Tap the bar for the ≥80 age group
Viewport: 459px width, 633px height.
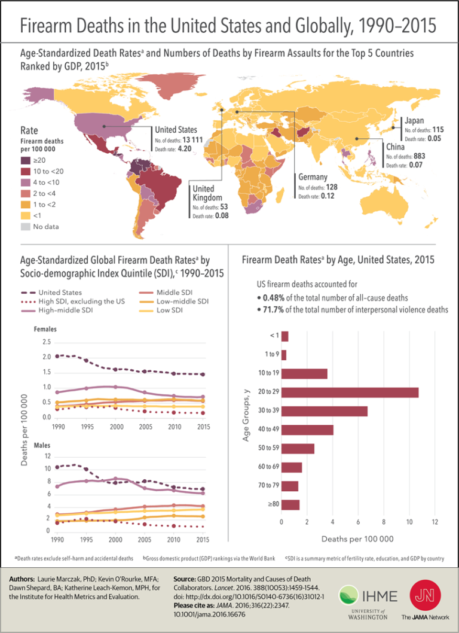[290, 504]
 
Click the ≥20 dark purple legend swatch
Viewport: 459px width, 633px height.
[26, 160]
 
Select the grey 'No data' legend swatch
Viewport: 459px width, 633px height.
[26, 226]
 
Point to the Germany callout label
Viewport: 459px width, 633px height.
[313, 177]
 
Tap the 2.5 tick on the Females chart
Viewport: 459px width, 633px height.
[47, 342]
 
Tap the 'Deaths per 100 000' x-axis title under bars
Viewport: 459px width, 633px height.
[357, 538]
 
